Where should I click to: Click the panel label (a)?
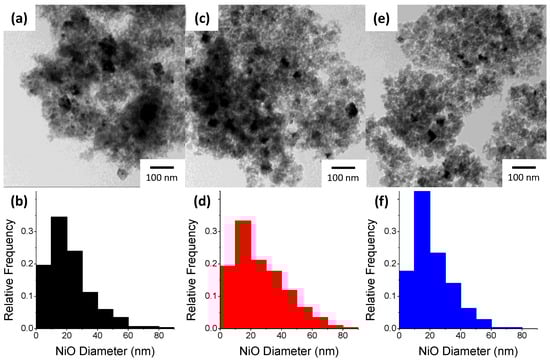(x=17, y=17)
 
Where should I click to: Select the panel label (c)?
(x=201, y=17)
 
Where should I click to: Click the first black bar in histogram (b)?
(x=43, y=296)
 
